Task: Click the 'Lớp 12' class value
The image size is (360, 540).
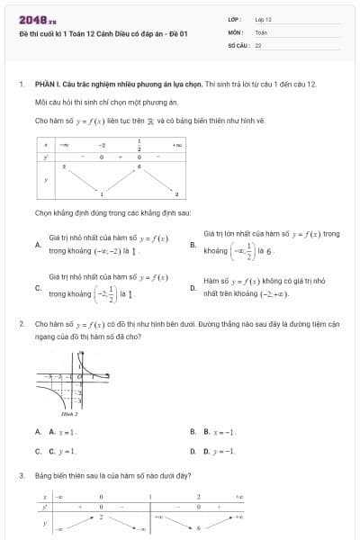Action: (263, 19)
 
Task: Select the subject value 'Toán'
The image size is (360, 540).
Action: (261, 31)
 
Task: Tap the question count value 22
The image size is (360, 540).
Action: (258, 43)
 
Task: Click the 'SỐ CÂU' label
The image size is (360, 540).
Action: (238, 43)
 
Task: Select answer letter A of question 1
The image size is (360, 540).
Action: (37, 244)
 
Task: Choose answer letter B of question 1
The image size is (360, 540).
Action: (193, 244)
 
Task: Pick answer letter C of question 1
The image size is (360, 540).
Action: (37, 287)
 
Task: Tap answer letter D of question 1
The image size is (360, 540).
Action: (193, 287)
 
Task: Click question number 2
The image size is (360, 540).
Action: (21, 322)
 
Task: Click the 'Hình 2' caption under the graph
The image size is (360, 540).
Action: (69, 415)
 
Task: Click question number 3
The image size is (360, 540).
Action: (21, 474)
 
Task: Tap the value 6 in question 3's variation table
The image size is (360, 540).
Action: (198, 527)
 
